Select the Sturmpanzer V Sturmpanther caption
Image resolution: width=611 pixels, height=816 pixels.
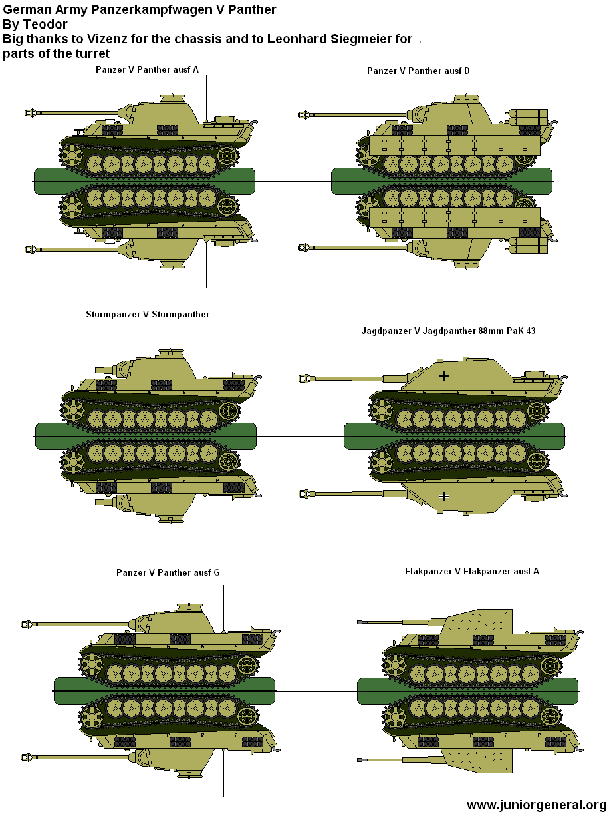(148, 314)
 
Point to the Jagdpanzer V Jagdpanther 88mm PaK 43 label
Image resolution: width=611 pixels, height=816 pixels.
(448, 331)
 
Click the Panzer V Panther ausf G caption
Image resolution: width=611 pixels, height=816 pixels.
(168, 572)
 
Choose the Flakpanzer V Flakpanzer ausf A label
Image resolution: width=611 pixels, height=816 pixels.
(471, 571)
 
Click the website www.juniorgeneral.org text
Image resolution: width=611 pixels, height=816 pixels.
(536, 805)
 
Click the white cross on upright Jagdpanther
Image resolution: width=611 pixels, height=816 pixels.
(445, 376)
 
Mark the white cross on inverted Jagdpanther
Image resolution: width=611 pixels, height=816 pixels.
(445, 496)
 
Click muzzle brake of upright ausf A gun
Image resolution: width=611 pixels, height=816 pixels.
(31, 112)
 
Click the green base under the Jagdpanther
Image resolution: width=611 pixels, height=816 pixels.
(454, 436)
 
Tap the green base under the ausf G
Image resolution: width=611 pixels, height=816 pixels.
(164, 690)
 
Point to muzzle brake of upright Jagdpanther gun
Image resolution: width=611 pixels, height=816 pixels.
(306, 379)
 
